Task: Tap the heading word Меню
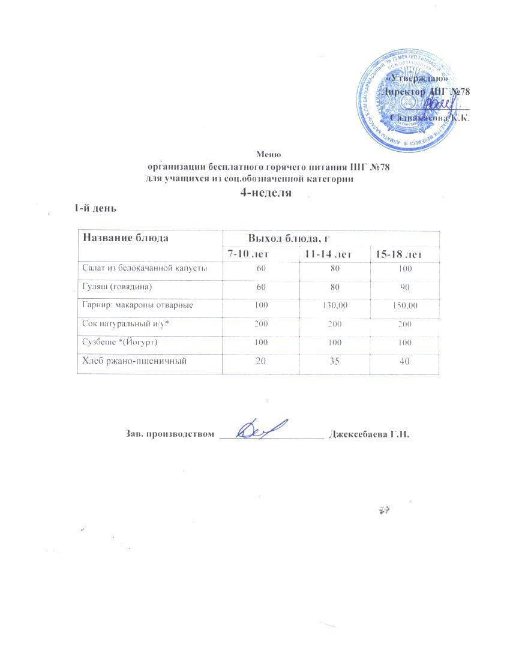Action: point(268,155)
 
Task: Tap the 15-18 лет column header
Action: point(399,255)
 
